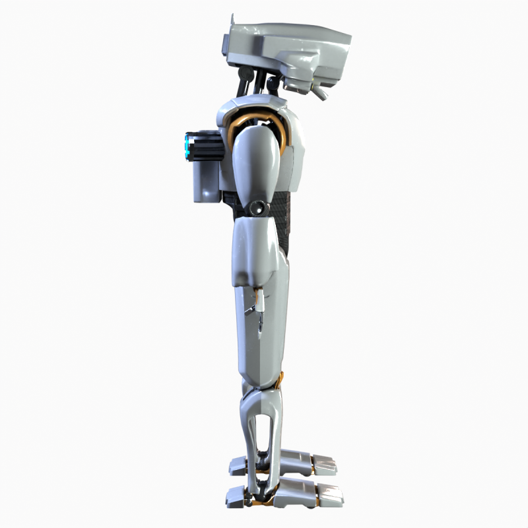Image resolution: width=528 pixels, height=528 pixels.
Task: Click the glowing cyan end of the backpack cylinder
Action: (187, 147)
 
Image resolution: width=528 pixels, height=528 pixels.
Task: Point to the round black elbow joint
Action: (258, 209)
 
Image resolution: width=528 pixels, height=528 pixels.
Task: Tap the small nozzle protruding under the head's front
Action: (321, 94)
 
